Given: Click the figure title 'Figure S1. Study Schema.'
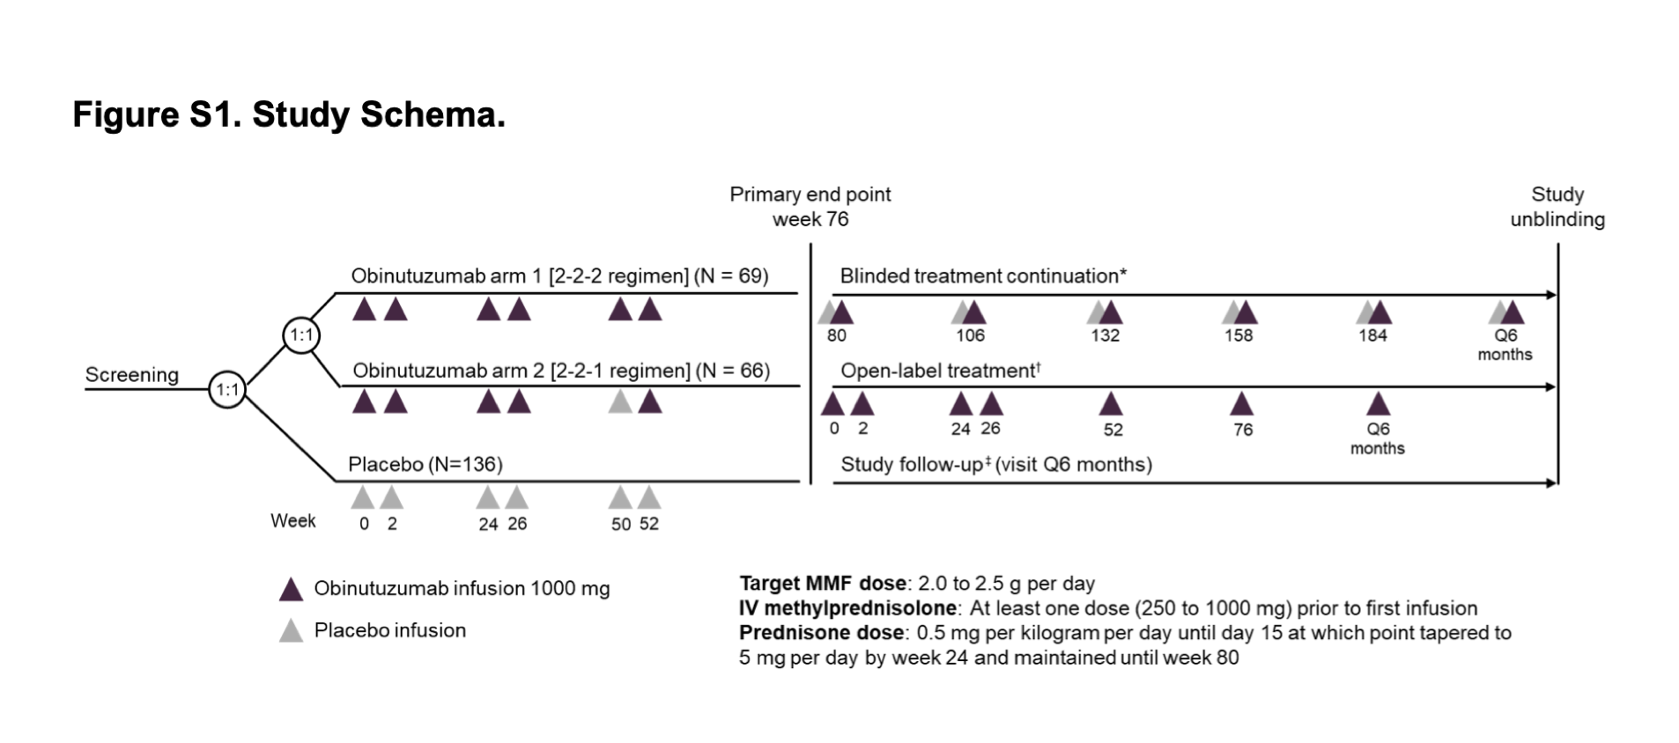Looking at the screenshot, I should click(289, 115).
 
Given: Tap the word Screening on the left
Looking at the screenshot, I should click(131, 375).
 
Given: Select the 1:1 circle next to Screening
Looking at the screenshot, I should click(227, 389).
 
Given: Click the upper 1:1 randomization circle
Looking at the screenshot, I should click(301, 335).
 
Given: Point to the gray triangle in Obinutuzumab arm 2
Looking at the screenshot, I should click(621, 402).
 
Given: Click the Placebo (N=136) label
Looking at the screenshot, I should click(425, 464).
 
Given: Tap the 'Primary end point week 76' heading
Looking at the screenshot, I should click(810, 207).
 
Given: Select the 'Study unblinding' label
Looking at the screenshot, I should click(1557, 207).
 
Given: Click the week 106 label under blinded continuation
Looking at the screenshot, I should click(970, 335).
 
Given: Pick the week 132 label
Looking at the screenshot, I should click(1105, 335).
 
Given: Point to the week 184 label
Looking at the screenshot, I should click(1372, 335).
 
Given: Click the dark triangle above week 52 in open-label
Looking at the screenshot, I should click(1112, 404).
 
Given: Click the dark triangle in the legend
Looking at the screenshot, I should click(291, 590).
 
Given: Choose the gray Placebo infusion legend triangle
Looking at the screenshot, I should click(291, 631).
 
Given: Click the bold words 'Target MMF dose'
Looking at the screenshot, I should click(822, 584).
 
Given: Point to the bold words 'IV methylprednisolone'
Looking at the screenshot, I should click(847, 608).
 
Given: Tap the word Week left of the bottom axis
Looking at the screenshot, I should click(292, 521).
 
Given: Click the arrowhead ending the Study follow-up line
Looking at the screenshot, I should click(1551, 482).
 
